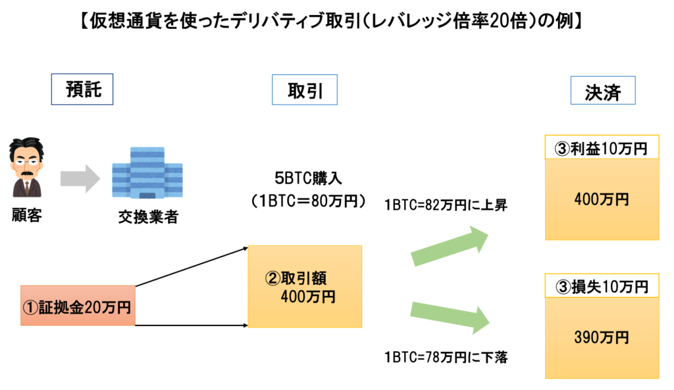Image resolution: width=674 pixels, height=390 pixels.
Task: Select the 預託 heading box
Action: pos(84,90)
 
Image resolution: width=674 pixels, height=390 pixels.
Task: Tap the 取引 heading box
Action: pos(305,90)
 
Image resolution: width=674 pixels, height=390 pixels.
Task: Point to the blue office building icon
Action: pos(147,172)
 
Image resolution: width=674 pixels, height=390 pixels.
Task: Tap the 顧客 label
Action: pos(27,215)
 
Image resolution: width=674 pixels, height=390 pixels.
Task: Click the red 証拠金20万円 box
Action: pos(78,306)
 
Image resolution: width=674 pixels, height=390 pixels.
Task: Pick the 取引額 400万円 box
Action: pos(305,287)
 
